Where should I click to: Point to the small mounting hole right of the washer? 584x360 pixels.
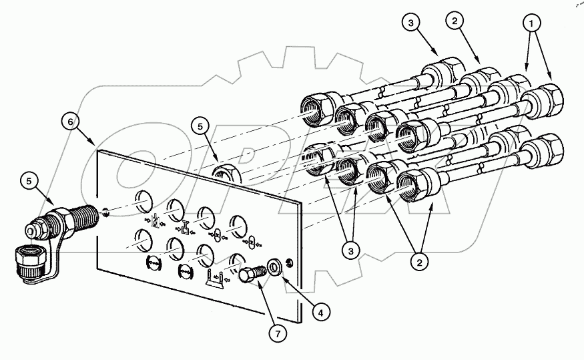click(x=288, y=261)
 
